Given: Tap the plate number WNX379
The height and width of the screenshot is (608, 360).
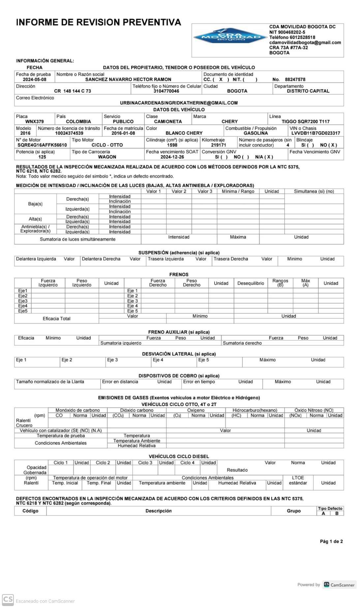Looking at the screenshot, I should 34,122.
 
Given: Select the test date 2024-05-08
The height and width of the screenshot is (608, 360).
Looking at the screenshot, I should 34,79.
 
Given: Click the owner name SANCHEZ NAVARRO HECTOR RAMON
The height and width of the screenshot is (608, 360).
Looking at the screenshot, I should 128,79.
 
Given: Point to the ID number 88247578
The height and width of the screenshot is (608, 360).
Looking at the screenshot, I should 295,79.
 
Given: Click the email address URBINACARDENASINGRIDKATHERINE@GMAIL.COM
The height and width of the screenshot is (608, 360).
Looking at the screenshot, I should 179,103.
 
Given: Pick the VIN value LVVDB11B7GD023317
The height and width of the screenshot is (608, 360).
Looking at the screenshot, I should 315,133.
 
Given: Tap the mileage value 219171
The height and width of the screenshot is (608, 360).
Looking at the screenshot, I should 219,145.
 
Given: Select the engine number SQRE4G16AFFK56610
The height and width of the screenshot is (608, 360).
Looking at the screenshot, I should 42,145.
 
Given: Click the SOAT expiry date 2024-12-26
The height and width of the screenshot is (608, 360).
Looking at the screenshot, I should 172,157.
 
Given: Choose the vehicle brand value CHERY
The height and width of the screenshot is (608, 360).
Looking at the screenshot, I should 229,122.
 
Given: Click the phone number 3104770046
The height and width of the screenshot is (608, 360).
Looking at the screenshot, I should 166,91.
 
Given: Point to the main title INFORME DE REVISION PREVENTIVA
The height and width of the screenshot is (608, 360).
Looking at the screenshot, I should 99,22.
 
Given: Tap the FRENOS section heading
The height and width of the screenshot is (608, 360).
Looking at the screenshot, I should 179,275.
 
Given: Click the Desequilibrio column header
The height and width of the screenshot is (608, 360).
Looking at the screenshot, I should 251,283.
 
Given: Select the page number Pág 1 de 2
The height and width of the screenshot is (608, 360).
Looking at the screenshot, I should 331,541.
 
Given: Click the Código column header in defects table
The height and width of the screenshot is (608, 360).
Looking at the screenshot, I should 30,511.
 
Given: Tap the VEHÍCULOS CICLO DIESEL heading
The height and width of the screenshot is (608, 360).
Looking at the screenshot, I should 179,456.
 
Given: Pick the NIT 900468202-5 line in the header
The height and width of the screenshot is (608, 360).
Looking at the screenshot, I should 287,32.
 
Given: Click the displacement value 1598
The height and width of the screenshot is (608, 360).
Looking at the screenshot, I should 172,145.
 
